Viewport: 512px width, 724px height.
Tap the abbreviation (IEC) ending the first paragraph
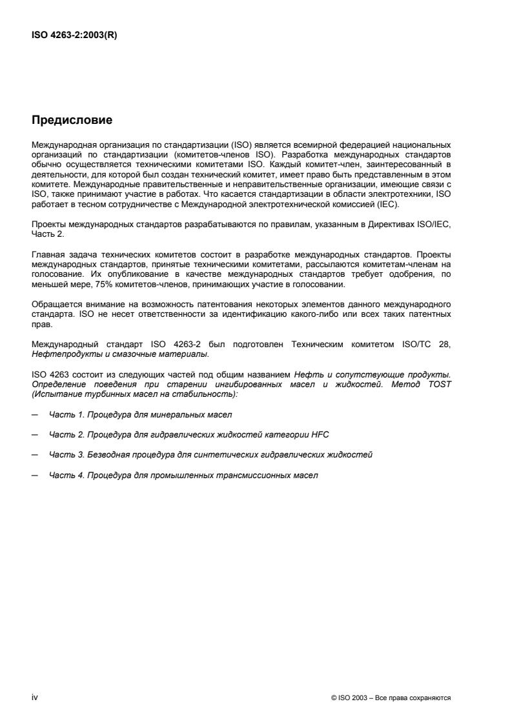click(389, 205)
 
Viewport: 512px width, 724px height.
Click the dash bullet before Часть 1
click(34, 415)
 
